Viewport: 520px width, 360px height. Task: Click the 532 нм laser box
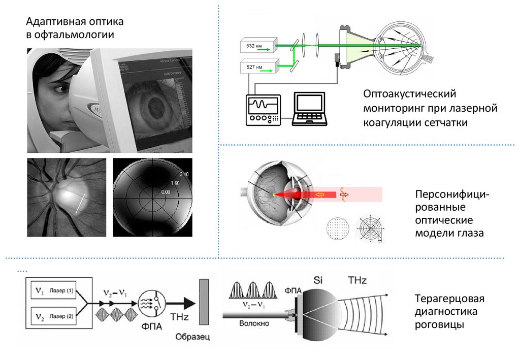coord(257,46)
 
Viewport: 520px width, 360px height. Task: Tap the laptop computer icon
coord(309,109)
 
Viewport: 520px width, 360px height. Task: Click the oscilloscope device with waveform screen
coord(264,109)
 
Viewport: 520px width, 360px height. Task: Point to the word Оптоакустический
coord(410,94)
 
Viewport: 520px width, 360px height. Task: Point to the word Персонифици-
coord(451,195)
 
